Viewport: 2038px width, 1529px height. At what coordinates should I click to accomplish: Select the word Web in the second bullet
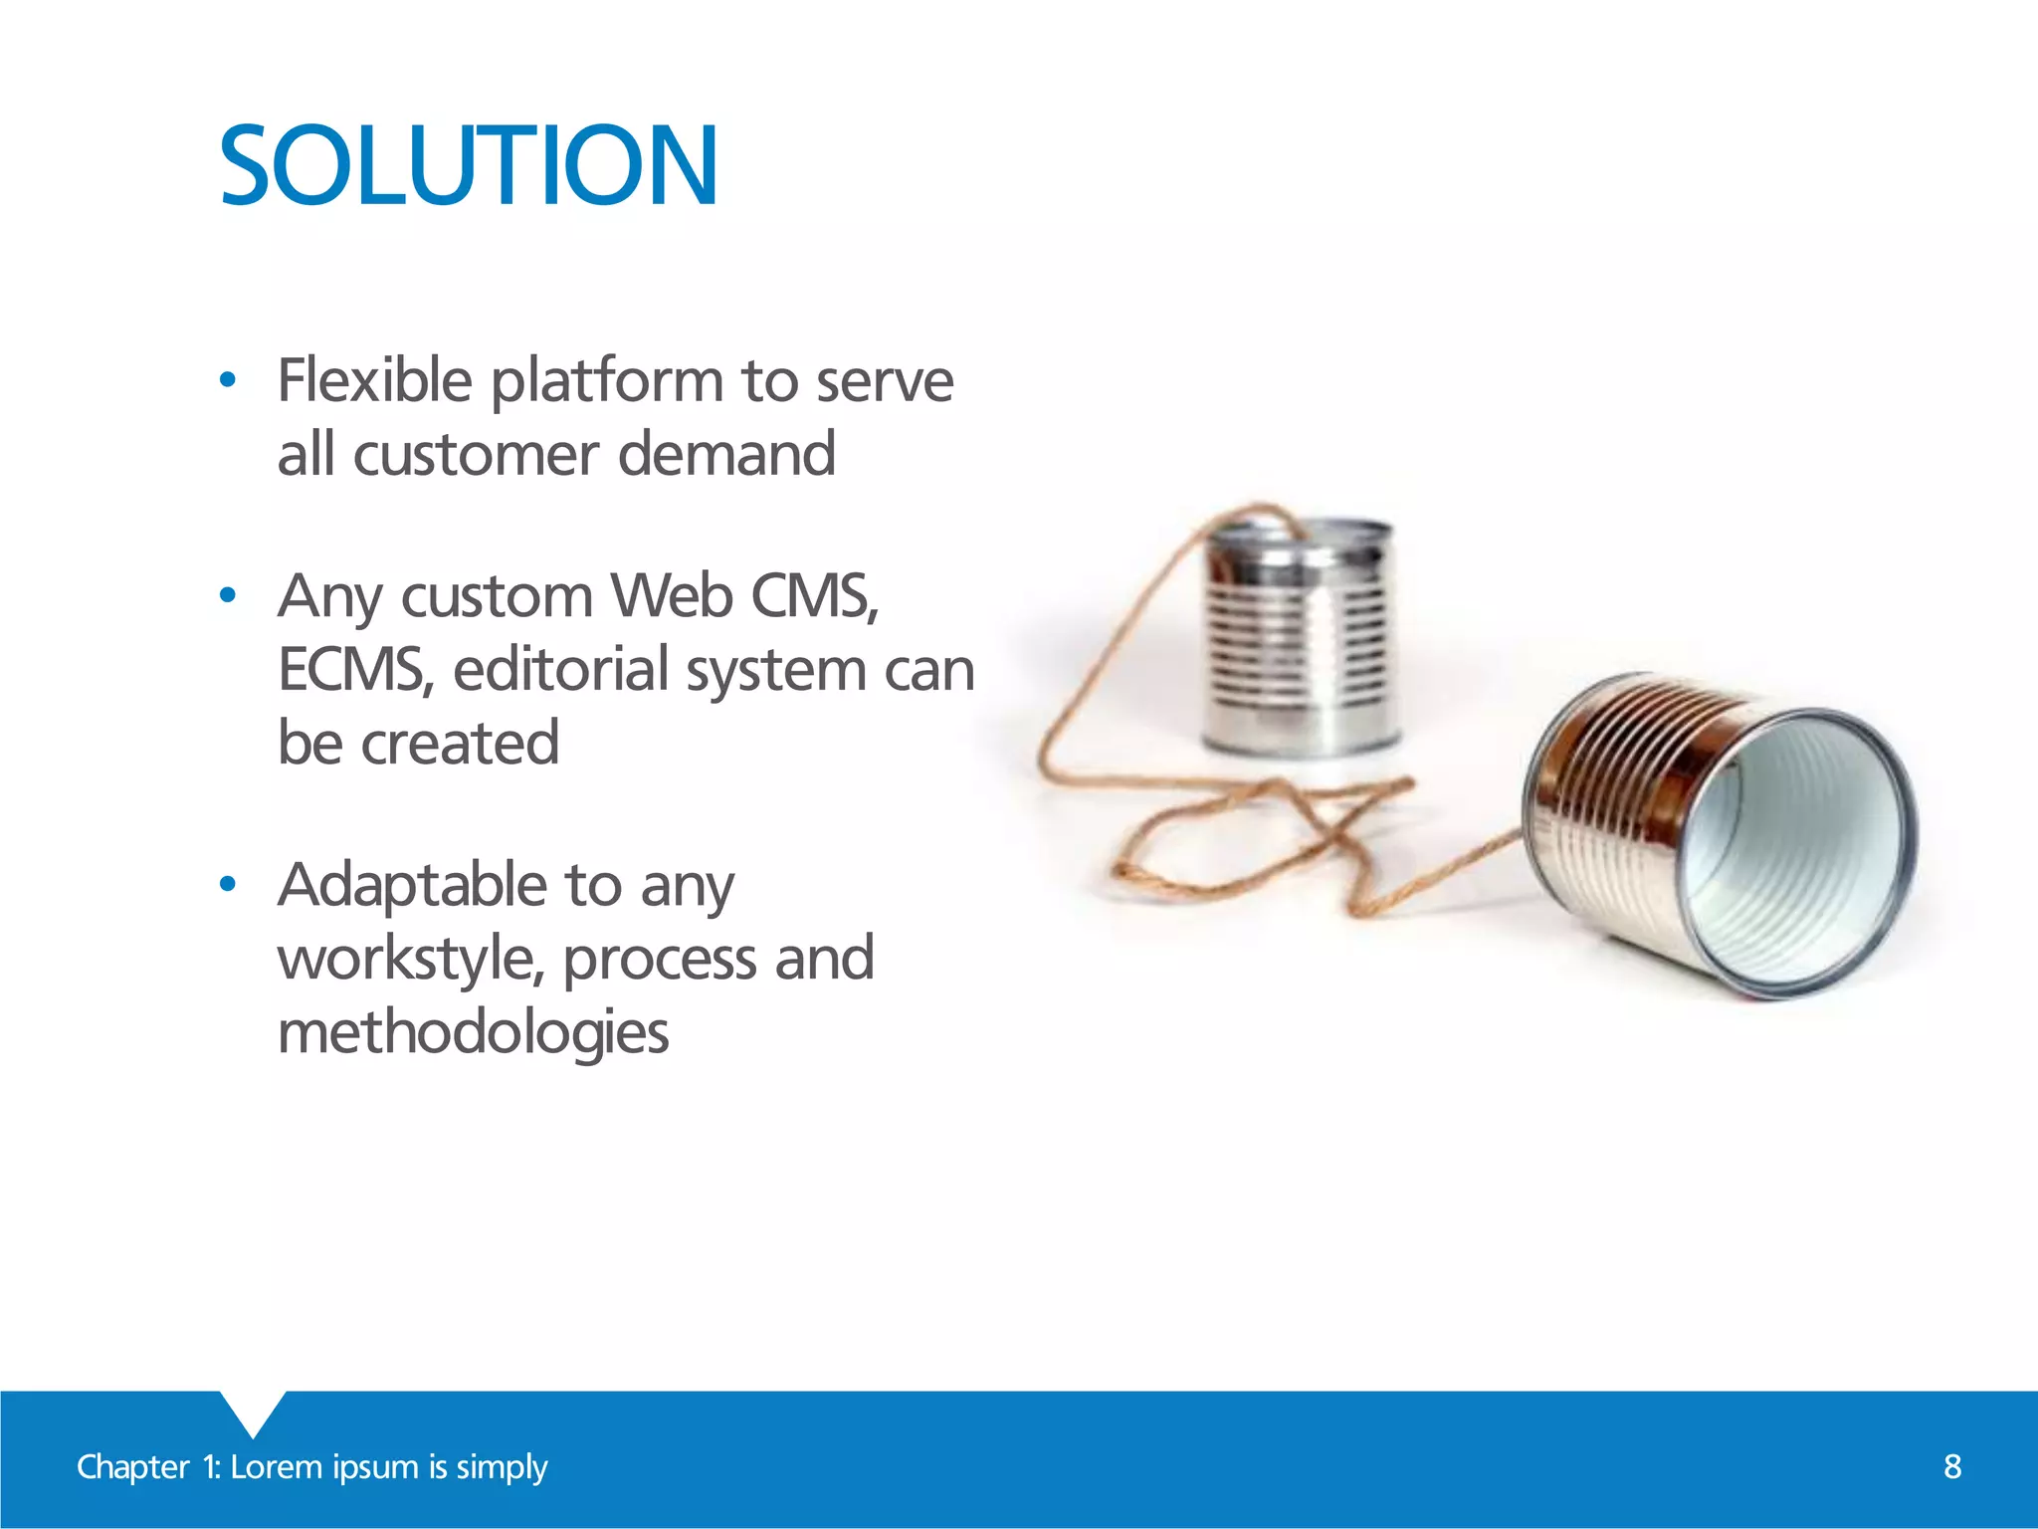tap(672, 596)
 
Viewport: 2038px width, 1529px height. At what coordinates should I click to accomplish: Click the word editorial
tap(560, 670)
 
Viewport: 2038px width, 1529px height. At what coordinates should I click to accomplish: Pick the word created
tap(460, 743)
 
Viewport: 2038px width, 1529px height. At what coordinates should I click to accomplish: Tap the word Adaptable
tap(412, 885)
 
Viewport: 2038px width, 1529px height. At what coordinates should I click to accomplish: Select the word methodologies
tap(473, 1032)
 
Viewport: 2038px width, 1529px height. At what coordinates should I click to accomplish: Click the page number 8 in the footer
tap(1952, 1466)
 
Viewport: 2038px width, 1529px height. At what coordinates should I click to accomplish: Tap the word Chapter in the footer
tap(132, 1467)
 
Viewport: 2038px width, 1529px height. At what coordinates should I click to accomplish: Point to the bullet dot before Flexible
tap(228, 380)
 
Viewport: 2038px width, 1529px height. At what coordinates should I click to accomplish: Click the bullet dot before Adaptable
tap(228, 884)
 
